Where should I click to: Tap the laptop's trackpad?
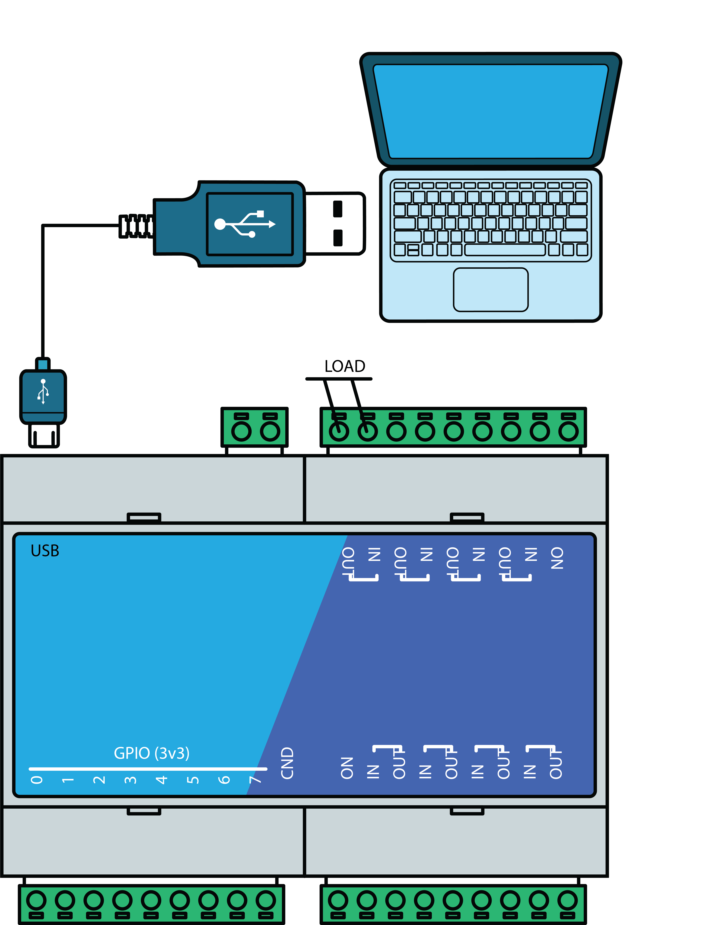[x=491, y=290]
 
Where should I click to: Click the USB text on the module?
[x=45, y=551]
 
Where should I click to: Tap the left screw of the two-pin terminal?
[x=241, y=431]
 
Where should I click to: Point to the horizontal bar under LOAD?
[x=339, y=379]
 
